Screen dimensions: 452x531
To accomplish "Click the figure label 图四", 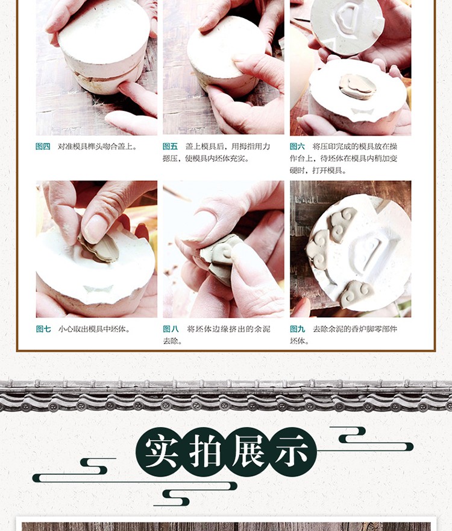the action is pos(43,146).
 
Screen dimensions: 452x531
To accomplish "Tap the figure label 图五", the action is pos(170,146).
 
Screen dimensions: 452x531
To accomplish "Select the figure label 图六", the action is pos(297,146).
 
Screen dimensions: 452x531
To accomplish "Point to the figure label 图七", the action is pos(43,329).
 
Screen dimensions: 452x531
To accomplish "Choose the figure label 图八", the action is pos(171,329).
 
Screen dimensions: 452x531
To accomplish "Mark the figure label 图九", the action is pos(297,329).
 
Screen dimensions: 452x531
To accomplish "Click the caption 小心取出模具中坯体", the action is pos(95,329).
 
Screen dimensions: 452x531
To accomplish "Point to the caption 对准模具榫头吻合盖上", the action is pos(98,146).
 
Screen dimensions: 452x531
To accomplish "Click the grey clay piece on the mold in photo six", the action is pos(357,86).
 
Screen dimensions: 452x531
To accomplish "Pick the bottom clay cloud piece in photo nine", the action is pos(357,294).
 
